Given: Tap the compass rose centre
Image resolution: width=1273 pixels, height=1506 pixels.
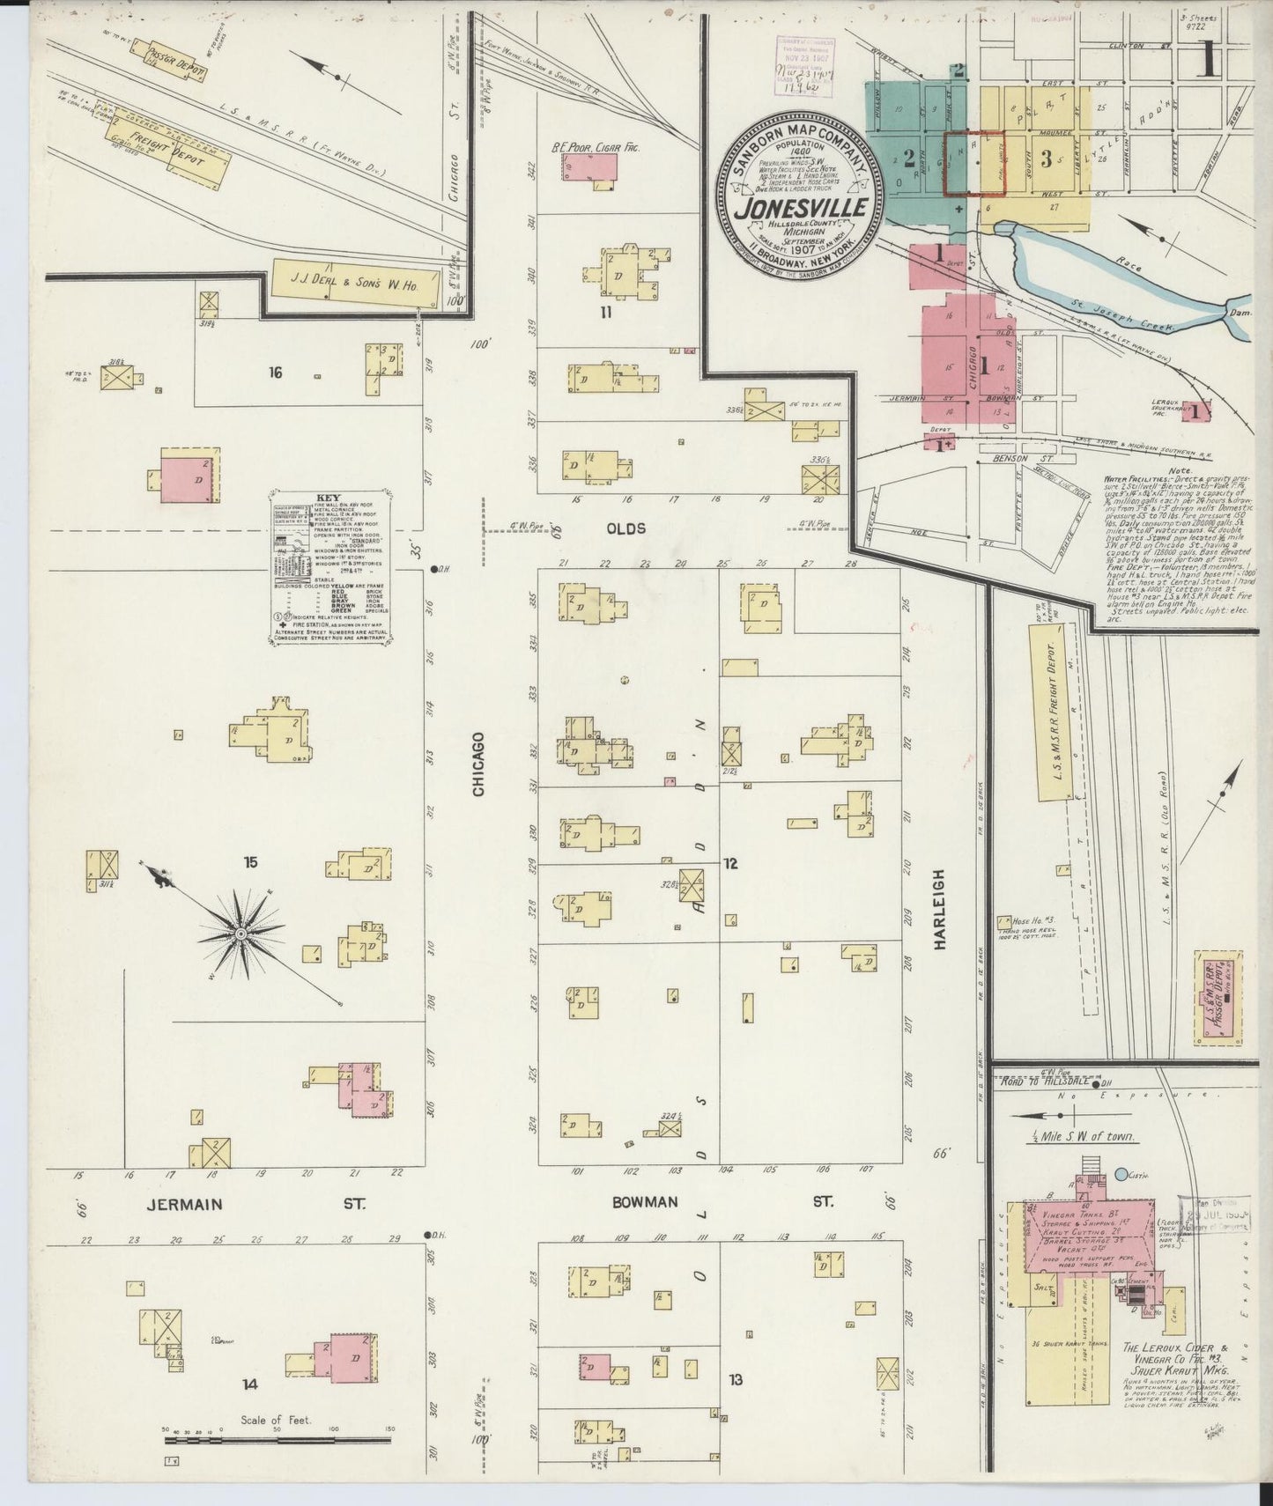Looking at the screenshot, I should tap(240, 932).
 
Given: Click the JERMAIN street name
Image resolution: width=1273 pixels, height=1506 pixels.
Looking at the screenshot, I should tap(185, 1204).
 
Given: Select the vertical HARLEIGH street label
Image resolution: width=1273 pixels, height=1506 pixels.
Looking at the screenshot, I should tap(939, 909).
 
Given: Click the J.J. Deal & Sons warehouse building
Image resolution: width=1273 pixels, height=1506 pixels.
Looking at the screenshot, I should tap(354, 283).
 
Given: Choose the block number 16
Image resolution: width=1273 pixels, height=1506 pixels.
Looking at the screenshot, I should tap(276, 373).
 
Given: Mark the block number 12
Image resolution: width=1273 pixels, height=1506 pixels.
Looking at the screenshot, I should tap(730, 863).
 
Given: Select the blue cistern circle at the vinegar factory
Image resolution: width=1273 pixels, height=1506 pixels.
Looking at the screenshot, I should tap(1121, 1174).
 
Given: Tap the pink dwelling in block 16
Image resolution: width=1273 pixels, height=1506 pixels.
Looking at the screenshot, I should tap(190, 476).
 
